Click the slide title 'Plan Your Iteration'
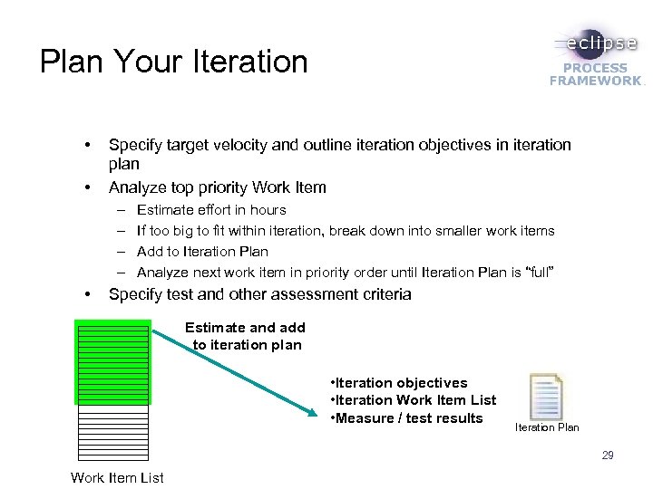pyautogui.click(x=174, y=62)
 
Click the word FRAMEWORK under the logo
pyautogui.click(x=594, y=81)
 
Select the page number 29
pyautogui.click(x=607, y=455)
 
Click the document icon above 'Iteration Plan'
pyautogui.click(x=546, y=396)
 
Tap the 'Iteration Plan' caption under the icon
pyautogui.click(x=547, y=427)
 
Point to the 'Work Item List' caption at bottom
pyautogui.click(x=117, y=477)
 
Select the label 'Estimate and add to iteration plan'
pyautogui.click(x=245, y=336)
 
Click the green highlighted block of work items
pyautogui.click(x=112, y=360)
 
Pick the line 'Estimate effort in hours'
pyautogui.click(x=211, y=210)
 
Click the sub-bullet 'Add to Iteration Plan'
pyautogui.click(x=202, y=252)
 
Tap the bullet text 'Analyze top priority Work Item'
pyautogui.click(x=218, y=187)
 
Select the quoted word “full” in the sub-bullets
pyautogui.click(x=535, y=273)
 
